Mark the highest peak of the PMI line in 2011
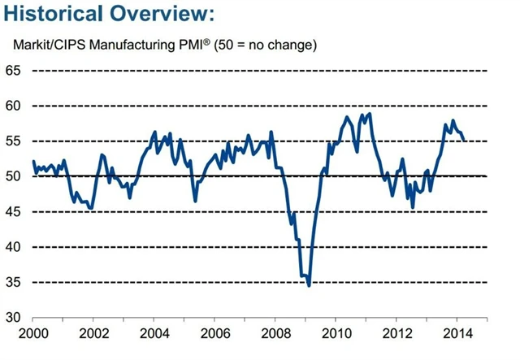pyautogui.click(x=370, y=114)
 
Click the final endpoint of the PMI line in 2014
pyautogui.click(x=464, y=140)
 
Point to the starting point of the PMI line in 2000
pyautogui.click(x=33, y=161)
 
